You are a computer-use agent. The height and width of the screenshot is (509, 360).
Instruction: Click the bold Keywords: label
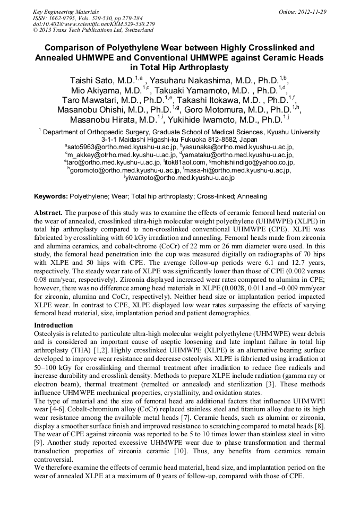point(51,196)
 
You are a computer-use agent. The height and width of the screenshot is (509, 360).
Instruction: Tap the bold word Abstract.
point(48,212)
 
